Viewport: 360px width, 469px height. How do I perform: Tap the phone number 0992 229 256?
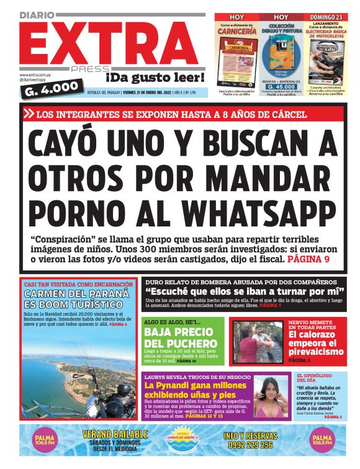click(x=248, y=445)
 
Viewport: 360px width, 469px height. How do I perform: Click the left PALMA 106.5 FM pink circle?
click(x=43, y=441)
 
